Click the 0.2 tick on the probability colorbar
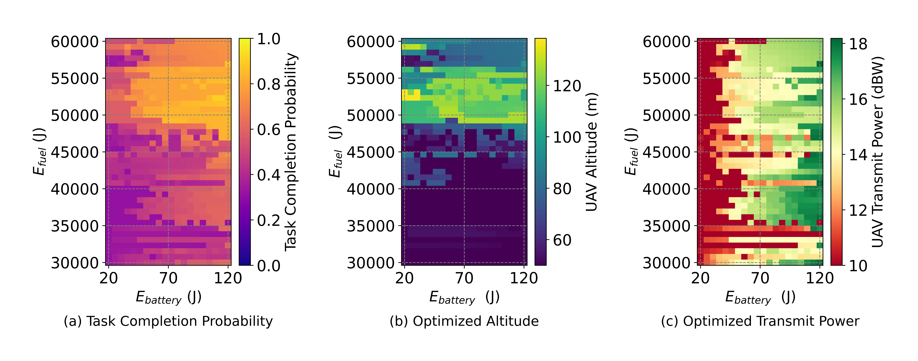(x=269, y=220)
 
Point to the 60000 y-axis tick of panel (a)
(x=75, y=42)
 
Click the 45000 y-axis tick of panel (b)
(x=371, y=152)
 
